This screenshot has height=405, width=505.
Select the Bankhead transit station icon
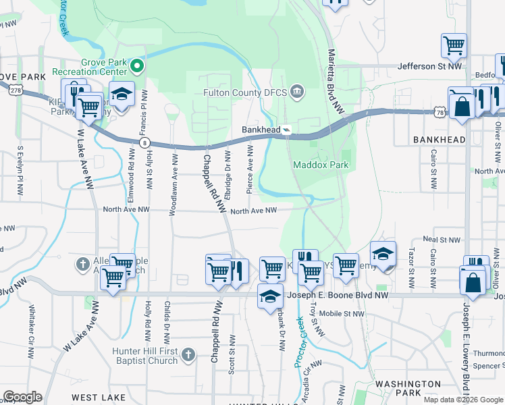(287, 130)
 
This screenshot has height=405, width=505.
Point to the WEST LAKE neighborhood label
(99, 398)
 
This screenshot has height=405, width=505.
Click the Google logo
(22, 397)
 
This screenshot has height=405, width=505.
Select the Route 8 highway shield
(144, 142)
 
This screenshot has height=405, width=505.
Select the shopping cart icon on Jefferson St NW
(454, 45)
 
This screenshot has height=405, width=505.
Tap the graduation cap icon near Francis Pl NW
(122, 94)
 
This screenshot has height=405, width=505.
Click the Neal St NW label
(441, 240)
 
